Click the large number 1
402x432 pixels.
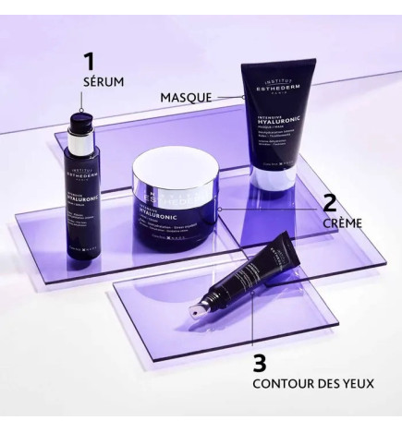coord(89,62)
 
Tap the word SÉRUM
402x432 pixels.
coord(102,83)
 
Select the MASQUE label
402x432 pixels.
coord(186,96)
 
